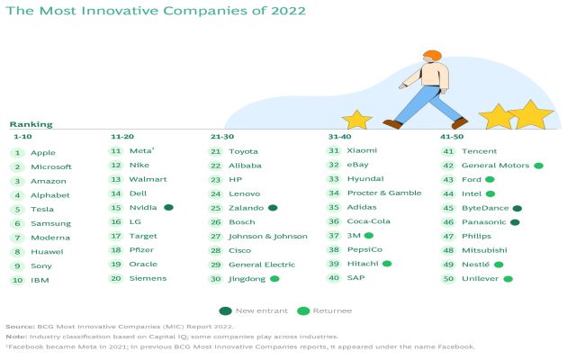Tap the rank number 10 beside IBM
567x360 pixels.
click(x=17, y=279)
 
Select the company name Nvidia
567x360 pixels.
click(x=143, y=207)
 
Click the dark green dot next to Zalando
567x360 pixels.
click(x=272, y=207)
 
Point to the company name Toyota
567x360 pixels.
click(x=243, y=151)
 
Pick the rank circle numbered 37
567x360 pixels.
click(x=334, y=235)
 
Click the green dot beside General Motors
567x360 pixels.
click(x=538, y=166)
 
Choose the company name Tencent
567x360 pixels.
click(x=479, y=151)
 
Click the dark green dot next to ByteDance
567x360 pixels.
click(x=516, y=208)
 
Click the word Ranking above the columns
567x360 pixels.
click(x=31, y=124)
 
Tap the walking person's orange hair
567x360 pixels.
click(x=432, y=56)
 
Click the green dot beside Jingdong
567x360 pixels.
click(x=274, y=279)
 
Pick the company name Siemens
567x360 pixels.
click(x=148, y=278)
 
